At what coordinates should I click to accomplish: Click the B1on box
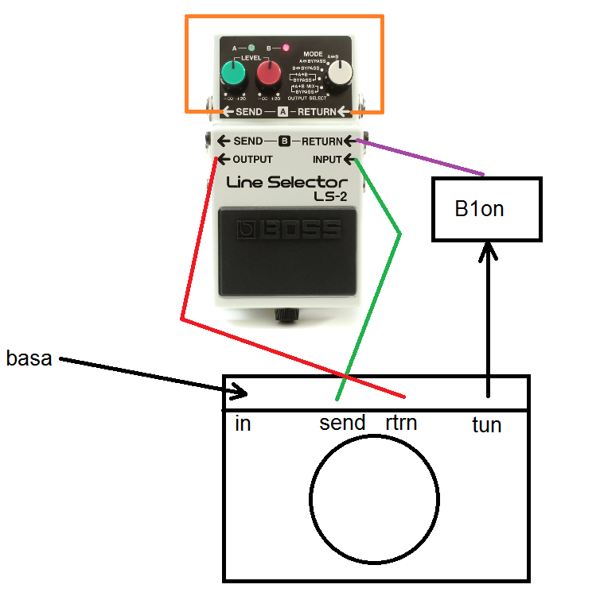coord(486,209)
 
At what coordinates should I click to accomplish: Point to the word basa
coord(29,358)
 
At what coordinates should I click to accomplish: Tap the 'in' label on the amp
coord(244,424)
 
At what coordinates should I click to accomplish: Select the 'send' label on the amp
coord(342,422)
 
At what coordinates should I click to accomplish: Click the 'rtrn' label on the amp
coord(401,422)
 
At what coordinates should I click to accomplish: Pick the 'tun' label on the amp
coord(486,425)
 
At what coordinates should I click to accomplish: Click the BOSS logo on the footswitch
coord(290,230)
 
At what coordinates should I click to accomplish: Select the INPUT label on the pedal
coord(327,159)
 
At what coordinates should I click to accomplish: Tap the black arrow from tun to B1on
coord(487,318)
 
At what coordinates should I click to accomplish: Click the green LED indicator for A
coord(251,48)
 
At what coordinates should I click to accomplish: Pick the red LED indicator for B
coord(285,48)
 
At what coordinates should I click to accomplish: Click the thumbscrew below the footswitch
coord(285,315)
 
